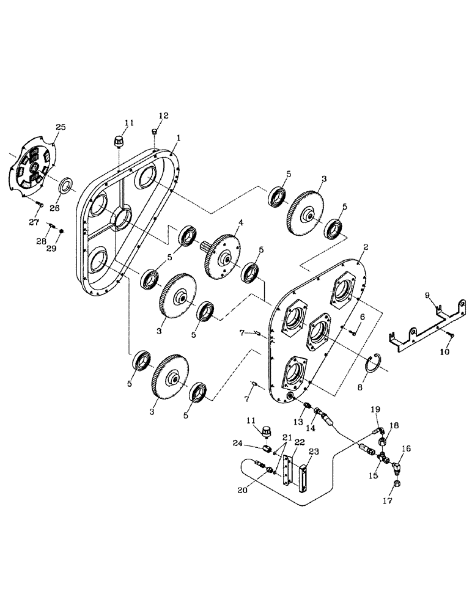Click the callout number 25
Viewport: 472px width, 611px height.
click(60, 126)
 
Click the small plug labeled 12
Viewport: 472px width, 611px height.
click(155, 132)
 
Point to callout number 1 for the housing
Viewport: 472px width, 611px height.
click(177, 139)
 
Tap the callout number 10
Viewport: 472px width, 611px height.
click(444, 353)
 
